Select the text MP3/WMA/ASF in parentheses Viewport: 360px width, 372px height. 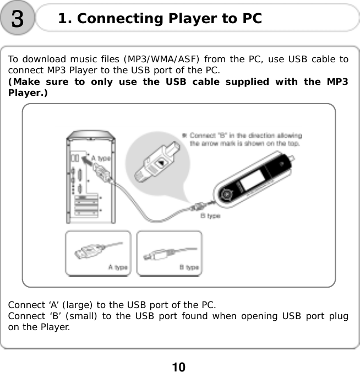tap(155, 60)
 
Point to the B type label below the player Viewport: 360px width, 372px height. tap(210, 216)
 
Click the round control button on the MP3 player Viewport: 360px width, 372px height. tap(226, 195)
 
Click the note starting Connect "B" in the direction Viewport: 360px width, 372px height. tap(244, 139)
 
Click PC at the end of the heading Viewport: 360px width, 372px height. tap(251, 19)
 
